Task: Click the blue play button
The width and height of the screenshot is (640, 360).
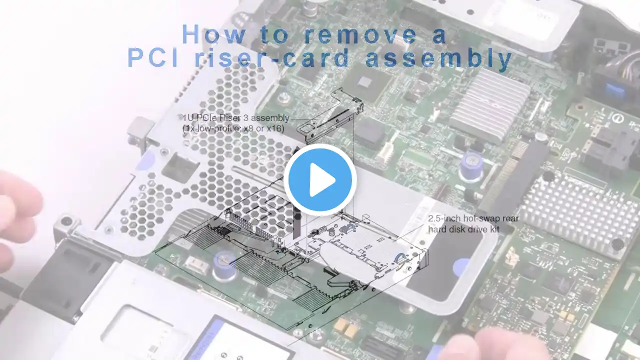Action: (320, 179)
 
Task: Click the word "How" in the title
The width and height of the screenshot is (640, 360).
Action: (214, 34)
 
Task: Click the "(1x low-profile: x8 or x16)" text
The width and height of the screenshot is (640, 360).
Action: (233, 128)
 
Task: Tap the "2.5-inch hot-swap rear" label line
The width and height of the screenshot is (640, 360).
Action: (473, 218)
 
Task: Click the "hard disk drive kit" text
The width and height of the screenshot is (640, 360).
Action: (463, 229)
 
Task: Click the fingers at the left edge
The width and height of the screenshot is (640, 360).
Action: (17, 217)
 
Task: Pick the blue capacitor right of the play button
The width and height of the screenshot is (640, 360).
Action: (471, 166)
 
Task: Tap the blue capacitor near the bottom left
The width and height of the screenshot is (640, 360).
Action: (224, 265)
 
